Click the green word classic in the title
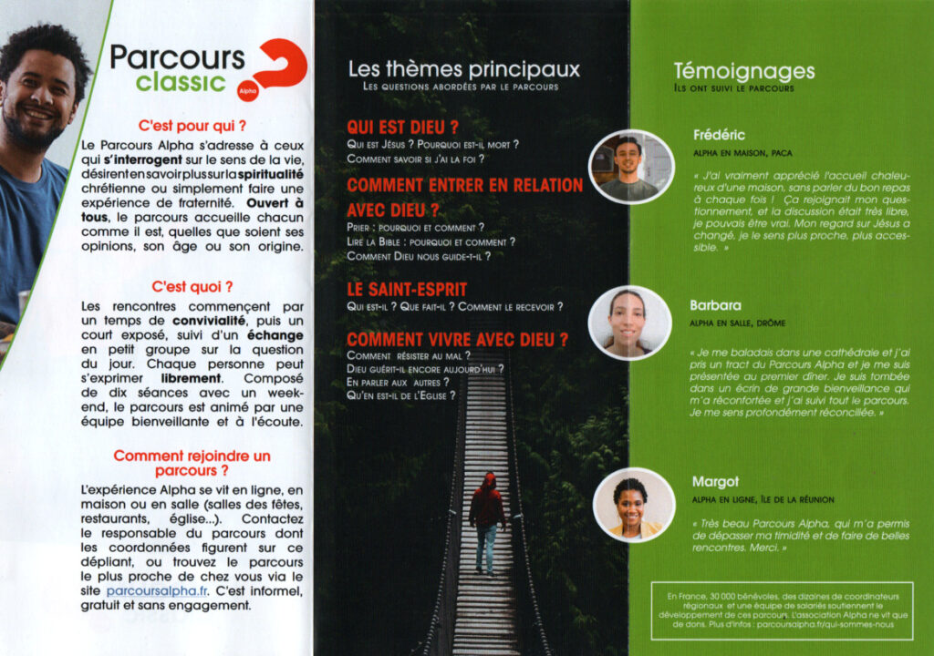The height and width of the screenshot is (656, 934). coord(182,83)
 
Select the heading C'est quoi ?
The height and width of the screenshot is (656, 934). coord(192,285)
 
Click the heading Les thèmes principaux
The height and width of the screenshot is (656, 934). coord(463,69)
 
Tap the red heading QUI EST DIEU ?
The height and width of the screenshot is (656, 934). coord(402,128)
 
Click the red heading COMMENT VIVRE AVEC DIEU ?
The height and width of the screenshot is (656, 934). coord(457,340)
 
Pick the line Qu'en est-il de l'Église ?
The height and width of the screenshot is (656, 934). coord(401,395)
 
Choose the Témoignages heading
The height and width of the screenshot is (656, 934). coord(744,71)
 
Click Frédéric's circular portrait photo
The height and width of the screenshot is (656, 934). coord(629,165)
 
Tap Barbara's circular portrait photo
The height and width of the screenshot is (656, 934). coord(629,323)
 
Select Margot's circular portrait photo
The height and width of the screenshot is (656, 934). coord(629,507)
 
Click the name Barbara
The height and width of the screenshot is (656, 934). coord(716,305)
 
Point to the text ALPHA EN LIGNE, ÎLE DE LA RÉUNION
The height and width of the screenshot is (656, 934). coord(763,500)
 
